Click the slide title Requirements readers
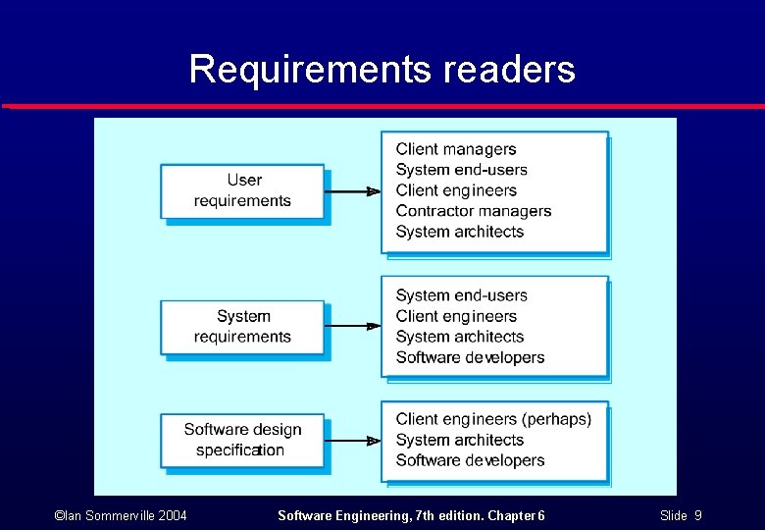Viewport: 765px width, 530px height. coord(382,70)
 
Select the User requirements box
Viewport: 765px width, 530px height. coord(242,190)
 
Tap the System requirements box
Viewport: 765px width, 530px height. coord(242,327)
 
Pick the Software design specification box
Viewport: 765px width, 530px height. coord(242,440)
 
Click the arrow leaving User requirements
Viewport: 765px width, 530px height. coord(352,191)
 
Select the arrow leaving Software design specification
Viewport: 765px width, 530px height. coord(352,441)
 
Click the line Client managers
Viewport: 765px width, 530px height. coord(456,149)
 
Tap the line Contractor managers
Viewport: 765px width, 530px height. coord(474,211)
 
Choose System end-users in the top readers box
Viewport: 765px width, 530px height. coord(462,170)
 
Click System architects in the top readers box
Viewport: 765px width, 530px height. coord(460,232)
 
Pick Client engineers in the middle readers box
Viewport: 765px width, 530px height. coord(456,316)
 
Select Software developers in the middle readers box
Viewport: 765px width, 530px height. coord(470,357)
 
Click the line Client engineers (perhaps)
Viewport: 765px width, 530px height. coord(493,419)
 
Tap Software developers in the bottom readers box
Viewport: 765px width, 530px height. coord(470,460)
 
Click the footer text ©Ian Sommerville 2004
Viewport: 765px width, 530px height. coord(122,515)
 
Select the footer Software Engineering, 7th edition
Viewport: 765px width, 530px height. coord(411,515)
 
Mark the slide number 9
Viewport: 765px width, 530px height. coord(697,515)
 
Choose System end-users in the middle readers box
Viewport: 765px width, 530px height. coord(462,295)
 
